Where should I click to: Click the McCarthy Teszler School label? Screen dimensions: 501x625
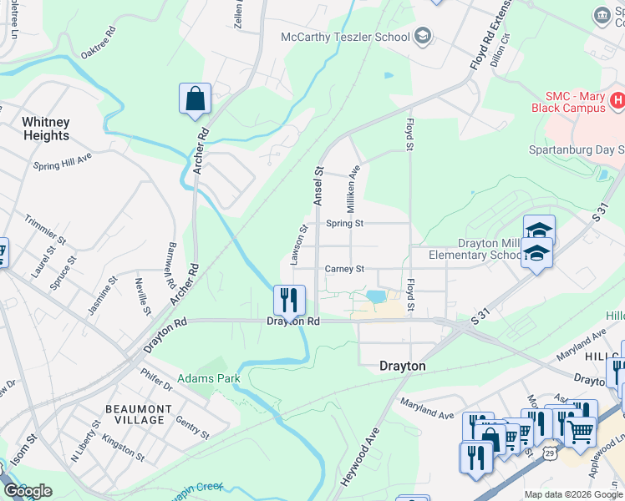pyautogui.click(x=345, y=37)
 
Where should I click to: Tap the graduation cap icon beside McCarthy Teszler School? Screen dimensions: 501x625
pyautogui.click(x=423, y=35)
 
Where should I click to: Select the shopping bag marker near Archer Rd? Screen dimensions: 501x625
pyautogui.click(x=195, y=99)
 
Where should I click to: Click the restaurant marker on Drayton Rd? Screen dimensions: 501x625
pyautogui.click(x=289, y=300)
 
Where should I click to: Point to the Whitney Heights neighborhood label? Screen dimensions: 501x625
pyautogui.click(x=46, y=129)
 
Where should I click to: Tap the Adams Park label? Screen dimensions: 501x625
pyautogui.click(x=209, y=378)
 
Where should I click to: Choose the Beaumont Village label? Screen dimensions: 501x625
pyautogui.click(x=140, y=414)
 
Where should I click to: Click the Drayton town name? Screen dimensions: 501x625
pyautogui.click(x=403, y=366)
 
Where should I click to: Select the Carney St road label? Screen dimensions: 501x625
pyautogui.click(x=345, y=269)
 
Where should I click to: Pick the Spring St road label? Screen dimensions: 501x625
pyautogui.click(x=345, y=223)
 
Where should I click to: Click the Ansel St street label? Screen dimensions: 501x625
pyautogui.click(x=318, y=185)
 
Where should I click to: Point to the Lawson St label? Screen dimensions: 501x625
pyautogui.click(x=298, y=245)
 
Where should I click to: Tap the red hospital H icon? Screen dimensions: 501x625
pyautogui.click(x=617, y=101)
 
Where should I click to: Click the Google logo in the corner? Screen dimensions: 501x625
pyautogui.click(x=28, y=490)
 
